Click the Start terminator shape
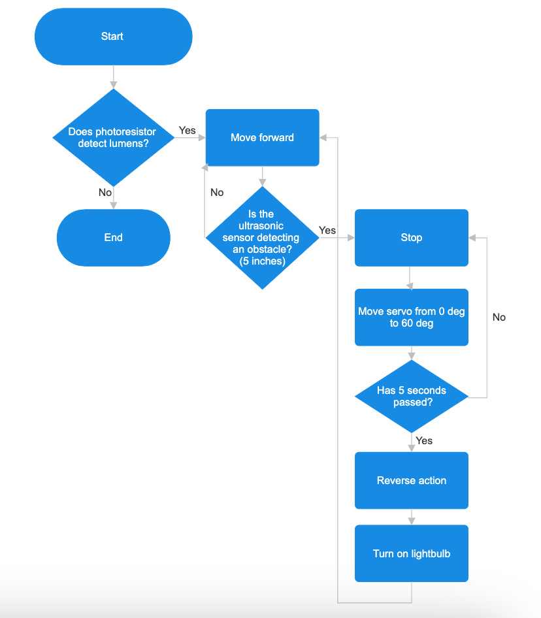[x=113, y=37]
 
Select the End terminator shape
[x=113, y=238]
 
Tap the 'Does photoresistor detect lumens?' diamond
[x=113, y=138]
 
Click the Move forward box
[x=262, y=138]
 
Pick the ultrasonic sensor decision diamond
[x=262, y=238]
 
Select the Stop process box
[x=411, y=238]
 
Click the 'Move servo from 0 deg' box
[x=411, y=317]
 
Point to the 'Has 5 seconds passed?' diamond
[x=411, y=396]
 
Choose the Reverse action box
[x=411, y=480]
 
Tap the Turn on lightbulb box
[x=411, y=553]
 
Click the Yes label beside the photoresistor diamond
[x=188, y=131]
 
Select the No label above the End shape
[x=105, y=193]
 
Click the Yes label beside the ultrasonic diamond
[x=327, y=231]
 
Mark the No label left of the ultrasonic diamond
[x=217, y=193]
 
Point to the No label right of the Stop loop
[x=499, y=317]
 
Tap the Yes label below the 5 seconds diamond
[x=424, y=441]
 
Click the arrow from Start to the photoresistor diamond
[x=114, y=77]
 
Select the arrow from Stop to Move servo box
[x=411, y=278]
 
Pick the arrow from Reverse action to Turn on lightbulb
[x=411, y=517]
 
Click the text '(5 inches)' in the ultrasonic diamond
[x=262, y=261]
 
